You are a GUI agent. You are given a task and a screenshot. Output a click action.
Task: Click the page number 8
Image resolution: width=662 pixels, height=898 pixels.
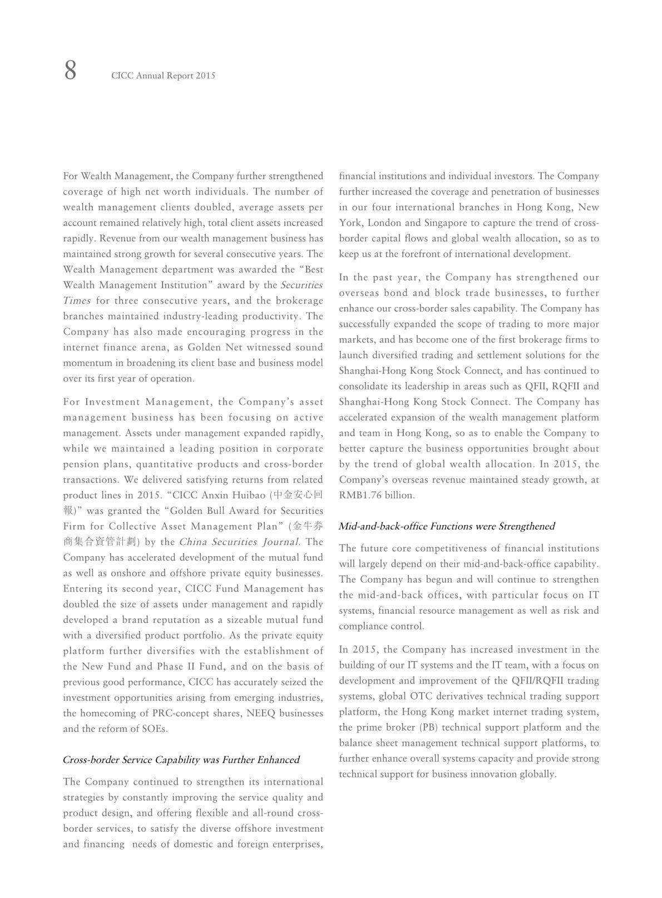point(70,71)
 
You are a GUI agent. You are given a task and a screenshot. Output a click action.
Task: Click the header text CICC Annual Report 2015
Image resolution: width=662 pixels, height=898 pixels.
point(163,76)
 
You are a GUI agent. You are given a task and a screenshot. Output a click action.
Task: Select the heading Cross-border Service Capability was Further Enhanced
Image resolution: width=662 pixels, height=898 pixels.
point(181,760)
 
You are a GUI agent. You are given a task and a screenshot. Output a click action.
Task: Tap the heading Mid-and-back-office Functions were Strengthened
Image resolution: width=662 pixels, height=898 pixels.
point(447,526)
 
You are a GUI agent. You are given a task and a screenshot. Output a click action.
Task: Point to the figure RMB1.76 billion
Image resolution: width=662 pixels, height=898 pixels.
point(377,495)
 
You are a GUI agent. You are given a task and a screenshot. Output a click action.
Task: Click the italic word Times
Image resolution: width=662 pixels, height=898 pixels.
point(77,300)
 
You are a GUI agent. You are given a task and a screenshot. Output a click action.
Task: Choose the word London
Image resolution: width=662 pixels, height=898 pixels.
point(385,222)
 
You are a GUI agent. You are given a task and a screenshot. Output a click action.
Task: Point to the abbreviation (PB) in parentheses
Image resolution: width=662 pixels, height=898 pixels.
point(429,727)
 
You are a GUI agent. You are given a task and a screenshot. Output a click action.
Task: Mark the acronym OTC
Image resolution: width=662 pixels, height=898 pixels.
point(419,696)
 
